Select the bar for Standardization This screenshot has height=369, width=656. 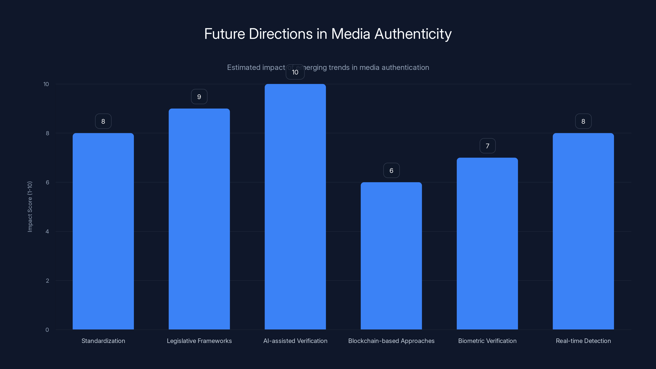point(103,231)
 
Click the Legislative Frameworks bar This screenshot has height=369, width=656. point(199,219)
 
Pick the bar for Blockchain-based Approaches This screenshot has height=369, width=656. point(391,256)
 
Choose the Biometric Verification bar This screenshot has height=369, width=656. point(487,244)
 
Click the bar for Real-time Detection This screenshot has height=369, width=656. point(583,231)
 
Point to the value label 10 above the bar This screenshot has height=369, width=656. point(295,72)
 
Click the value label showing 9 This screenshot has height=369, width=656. point(199,97)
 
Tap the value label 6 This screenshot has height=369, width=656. point(391,170)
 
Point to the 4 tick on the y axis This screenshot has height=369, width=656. point(47,231)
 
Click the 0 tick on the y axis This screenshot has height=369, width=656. point(47,330)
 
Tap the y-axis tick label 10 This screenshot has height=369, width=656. point(46,84)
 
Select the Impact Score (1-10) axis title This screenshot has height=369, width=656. point(30,206)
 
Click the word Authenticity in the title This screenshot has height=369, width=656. point(413,34)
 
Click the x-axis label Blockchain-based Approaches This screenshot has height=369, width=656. point(391,341)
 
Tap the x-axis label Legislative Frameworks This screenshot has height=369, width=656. point(199,341)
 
